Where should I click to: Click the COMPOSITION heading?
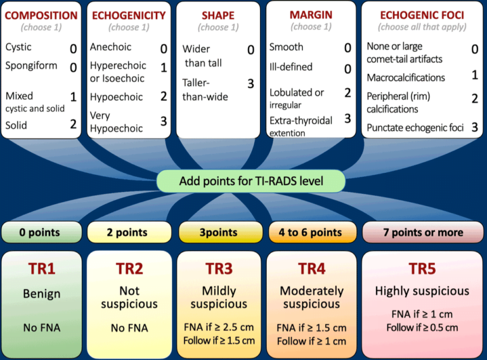pos(41,15)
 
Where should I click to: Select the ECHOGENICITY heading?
pos(129,15)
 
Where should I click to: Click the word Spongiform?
pos(31,65)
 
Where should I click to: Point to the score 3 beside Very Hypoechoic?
pos(164,120)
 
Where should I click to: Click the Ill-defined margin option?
pos(290,67)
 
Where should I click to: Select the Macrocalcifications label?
pos(406,77)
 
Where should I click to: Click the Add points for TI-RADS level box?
pos(251,181)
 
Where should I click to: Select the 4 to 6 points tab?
pos(311,232)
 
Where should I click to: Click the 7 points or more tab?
pos(422,232)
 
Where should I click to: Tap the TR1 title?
pos(42,269)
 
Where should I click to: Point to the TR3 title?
pos(219,269)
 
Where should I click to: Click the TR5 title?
pos(422,269)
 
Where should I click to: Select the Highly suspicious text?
pos(422,291)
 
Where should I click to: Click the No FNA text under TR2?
pos(129,328)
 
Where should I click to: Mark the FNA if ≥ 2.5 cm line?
pos(219,328)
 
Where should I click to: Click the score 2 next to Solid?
pos(74,124)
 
